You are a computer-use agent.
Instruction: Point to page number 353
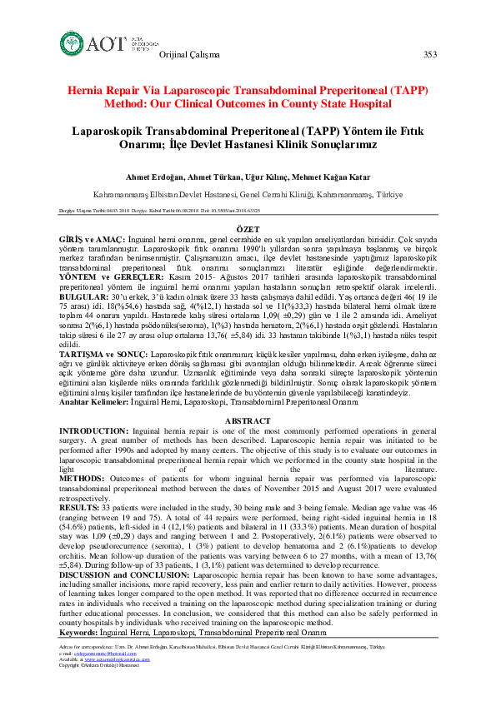pos(430,55)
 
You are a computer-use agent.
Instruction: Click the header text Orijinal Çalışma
pos(189,55)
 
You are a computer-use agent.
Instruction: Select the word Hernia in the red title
pos(88,91)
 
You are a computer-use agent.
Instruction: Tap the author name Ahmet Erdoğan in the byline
pos(154,176)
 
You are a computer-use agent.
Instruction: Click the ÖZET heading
pos(248,227)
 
